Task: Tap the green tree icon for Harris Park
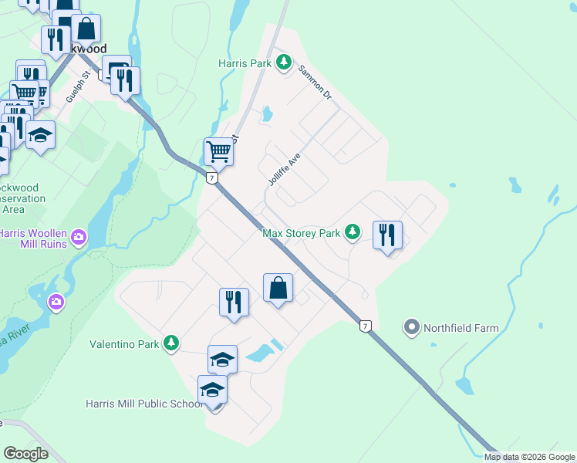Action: tap(285, 62)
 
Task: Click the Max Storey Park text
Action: tap(302, 232)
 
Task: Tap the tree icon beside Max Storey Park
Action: tap(353, 231)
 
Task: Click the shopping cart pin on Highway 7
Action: tap(219, 152)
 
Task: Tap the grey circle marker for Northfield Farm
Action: tap(412, 328)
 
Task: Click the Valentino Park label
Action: tap(124, 344)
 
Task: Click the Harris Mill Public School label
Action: tap(143, 404)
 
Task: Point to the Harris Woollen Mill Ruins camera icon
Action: tap(79, 236)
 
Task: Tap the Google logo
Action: tap(25, 454)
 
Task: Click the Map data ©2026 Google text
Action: tap(530, 457)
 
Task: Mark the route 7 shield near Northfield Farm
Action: tap(366, 326)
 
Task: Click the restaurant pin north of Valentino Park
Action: tap(234, 302)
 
